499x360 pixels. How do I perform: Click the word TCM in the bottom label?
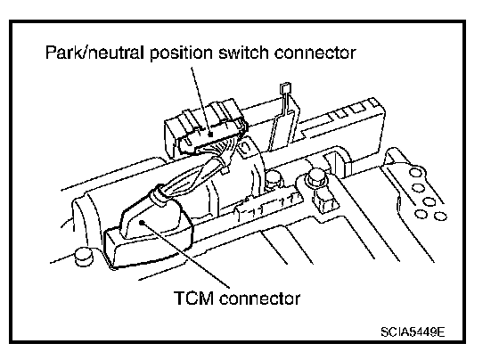(x=194, y=299)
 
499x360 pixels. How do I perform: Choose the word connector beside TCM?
(x=260, y=299)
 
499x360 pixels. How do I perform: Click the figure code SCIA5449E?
(x=413, y=332)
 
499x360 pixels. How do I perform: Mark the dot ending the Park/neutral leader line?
(x=210, y=135)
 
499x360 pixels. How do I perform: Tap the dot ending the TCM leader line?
(x=142, y=223)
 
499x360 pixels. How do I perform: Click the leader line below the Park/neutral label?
(x=200, y=101)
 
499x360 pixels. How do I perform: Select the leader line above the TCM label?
(x=185, y=254)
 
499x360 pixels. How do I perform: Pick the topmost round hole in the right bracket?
(x=415, y=173)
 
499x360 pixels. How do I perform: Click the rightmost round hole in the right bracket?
(x=440, y=217)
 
